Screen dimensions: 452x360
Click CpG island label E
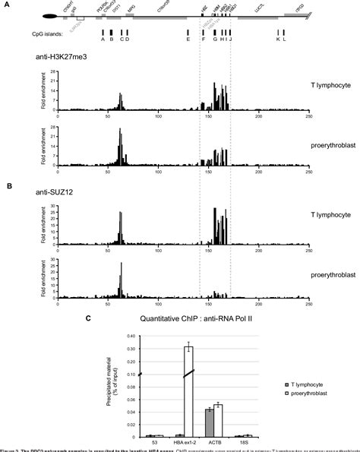tap(188, 40)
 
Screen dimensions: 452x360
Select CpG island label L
tap(284, 40)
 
